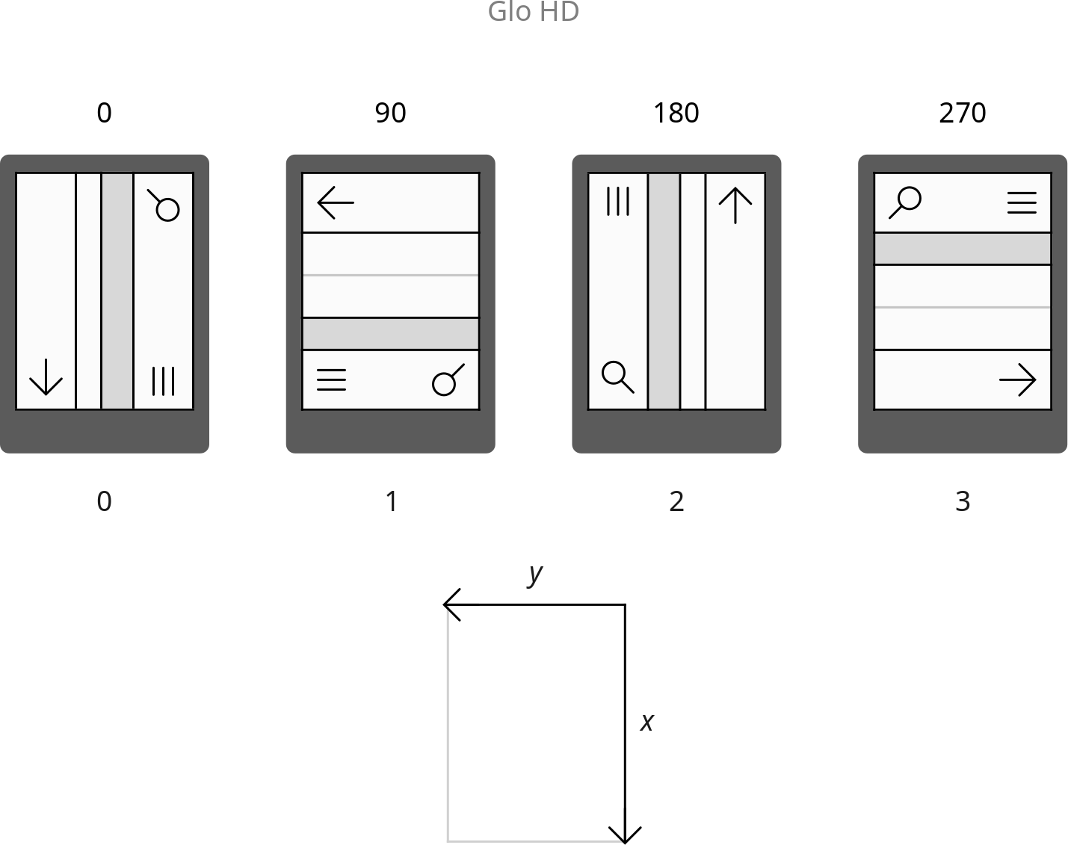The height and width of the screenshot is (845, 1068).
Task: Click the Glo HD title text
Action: pos(534,11)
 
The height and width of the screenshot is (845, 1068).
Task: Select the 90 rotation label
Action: pos(391,113)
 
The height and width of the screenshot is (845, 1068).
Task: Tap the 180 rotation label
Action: pos(676,113)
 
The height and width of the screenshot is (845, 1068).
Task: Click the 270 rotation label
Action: pos(963,113)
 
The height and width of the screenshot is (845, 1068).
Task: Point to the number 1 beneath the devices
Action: pos(392,501)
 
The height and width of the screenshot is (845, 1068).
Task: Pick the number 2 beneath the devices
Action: pos(676,501)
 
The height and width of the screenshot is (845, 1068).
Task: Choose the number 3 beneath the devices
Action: pos(963,501)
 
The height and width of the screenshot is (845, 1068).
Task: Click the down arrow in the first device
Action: pos(46,377)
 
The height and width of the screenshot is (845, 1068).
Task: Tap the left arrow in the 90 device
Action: pos(336,202)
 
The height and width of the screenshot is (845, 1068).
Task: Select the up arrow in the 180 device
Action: pos(735,205)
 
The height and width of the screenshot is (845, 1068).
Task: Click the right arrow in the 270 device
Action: pos(1018,380)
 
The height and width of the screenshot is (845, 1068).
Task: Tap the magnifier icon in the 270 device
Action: pos(905,202)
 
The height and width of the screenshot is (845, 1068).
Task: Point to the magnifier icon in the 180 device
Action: pos(618,377)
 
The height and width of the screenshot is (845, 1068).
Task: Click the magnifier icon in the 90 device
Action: pos(448,380)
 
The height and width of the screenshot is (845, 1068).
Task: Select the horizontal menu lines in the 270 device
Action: pos(1022,202)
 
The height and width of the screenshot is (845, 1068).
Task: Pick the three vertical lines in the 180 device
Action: pos(618,201)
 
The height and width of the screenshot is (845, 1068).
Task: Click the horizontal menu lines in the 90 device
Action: pos(331,380)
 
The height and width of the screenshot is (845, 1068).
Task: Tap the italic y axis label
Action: pos(535,575)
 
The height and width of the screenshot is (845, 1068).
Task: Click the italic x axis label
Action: pos(647,722)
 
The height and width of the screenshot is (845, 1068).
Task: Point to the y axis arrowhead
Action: pos(451,604)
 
